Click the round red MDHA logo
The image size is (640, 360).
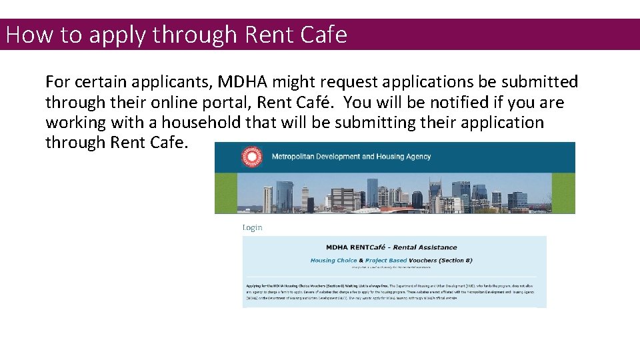click(252, 157)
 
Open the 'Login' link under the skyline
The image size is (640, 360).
click(252, 227)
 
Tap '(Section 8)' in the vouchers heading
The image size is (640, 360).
click(457, 260)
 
